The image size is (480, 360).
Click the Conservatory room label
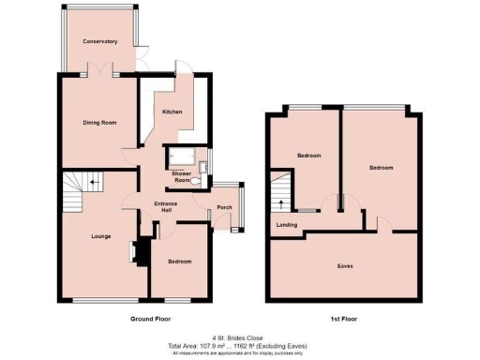click(x=98, y=42)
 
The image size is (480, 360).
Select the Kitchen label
click(x=172, y=112)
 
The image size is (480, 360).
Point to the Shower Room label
click(x=181, y=176)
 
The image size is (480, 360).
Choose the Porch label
click(x=224, y=207)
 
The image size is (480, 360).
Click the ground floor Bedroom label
click(x=180, y=261)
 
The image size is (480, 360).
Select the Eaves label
click(x=345, y=265)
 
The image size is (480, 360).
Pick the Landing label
click(x=288, y=225)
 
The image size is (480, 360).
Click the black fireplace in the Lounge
click(x=141, y=251)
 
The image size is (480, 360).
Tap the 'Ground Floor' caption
click(x=153, y=320)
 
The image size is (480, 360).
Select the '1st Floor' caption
click(x=344, y=320)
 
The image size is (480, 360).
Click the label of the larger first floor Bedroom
click(x=380, y=168)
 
